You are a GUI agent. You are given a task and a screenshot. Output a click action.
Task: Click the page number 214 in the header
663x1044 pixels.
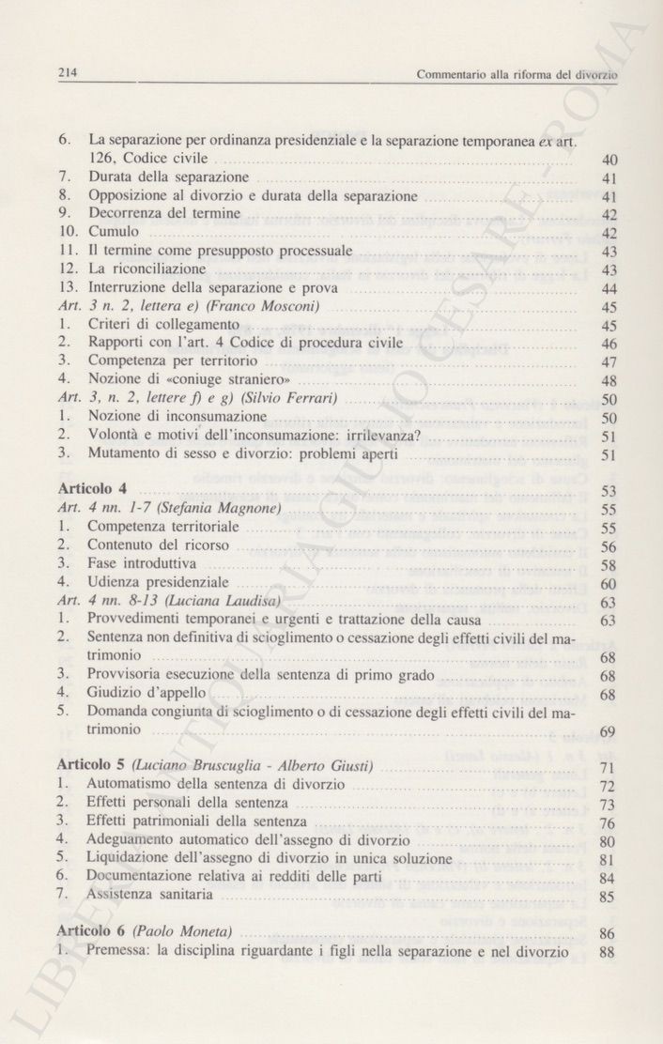[x=66, y=71]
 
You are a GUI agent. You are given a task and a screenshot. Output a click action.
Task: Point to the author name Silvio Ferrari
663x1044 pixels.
[x=293, y=399]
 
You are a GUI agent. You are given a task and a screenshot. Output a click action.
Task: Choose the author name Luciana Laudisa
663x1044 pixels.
[x=238, y=601]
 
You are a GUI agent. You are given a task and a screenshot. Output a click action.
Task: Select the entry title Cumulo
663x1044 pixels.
[x=114, y=232]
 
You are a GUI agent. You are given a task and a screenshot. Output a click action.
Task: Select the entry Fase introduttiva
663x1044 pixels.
[x=143, y=564]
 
